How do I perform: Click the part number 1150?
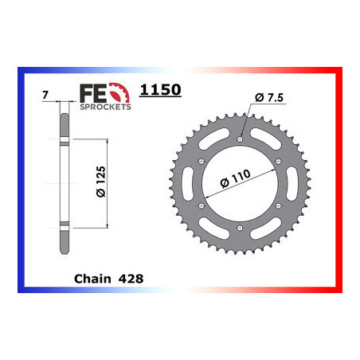[160, 90]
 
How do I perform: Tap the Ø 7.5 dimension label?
[269, 98]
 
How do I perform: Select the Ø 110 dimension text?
[235, 178]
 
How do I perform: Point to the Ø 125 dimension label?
[101, 182]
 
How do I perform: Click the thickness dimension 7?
[45, 95]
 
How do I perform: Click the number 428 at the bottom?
[131, 279]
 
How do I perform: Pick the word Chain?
[92, 279]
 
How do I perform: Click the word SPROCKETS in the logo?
[105, 107]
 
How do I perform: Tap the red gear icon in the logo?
[119, 92]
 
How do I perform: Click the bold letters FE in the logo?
[93, 93]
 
